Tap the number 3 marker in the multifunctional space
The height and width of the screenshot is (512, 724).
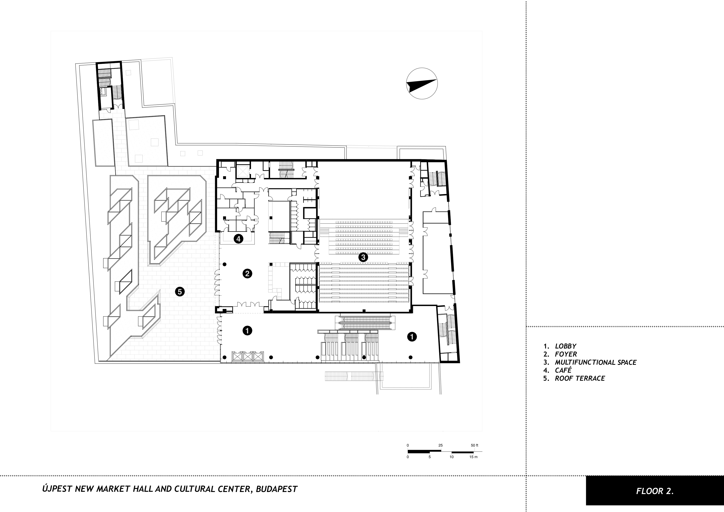[363, 257]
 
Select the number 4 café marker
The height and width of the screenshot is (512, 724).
[238, 239]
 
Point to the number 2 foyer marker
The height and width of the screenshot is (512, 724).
[247, 273]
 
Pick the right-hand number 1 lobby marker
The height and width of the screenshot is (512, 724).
[412, 337]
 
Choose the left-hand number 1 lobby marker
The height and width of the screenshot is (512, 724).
[247, 331]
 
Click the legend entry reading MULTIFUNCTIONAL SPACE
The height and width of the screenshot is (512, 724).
[596, 363]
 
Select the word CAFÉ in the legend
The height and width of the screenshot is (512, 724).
[563, 370]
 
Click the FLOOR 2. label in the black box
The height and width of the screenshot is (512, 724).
[655, 491]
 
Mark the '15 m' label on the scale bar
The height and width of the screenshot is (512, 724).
[473, 457]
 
